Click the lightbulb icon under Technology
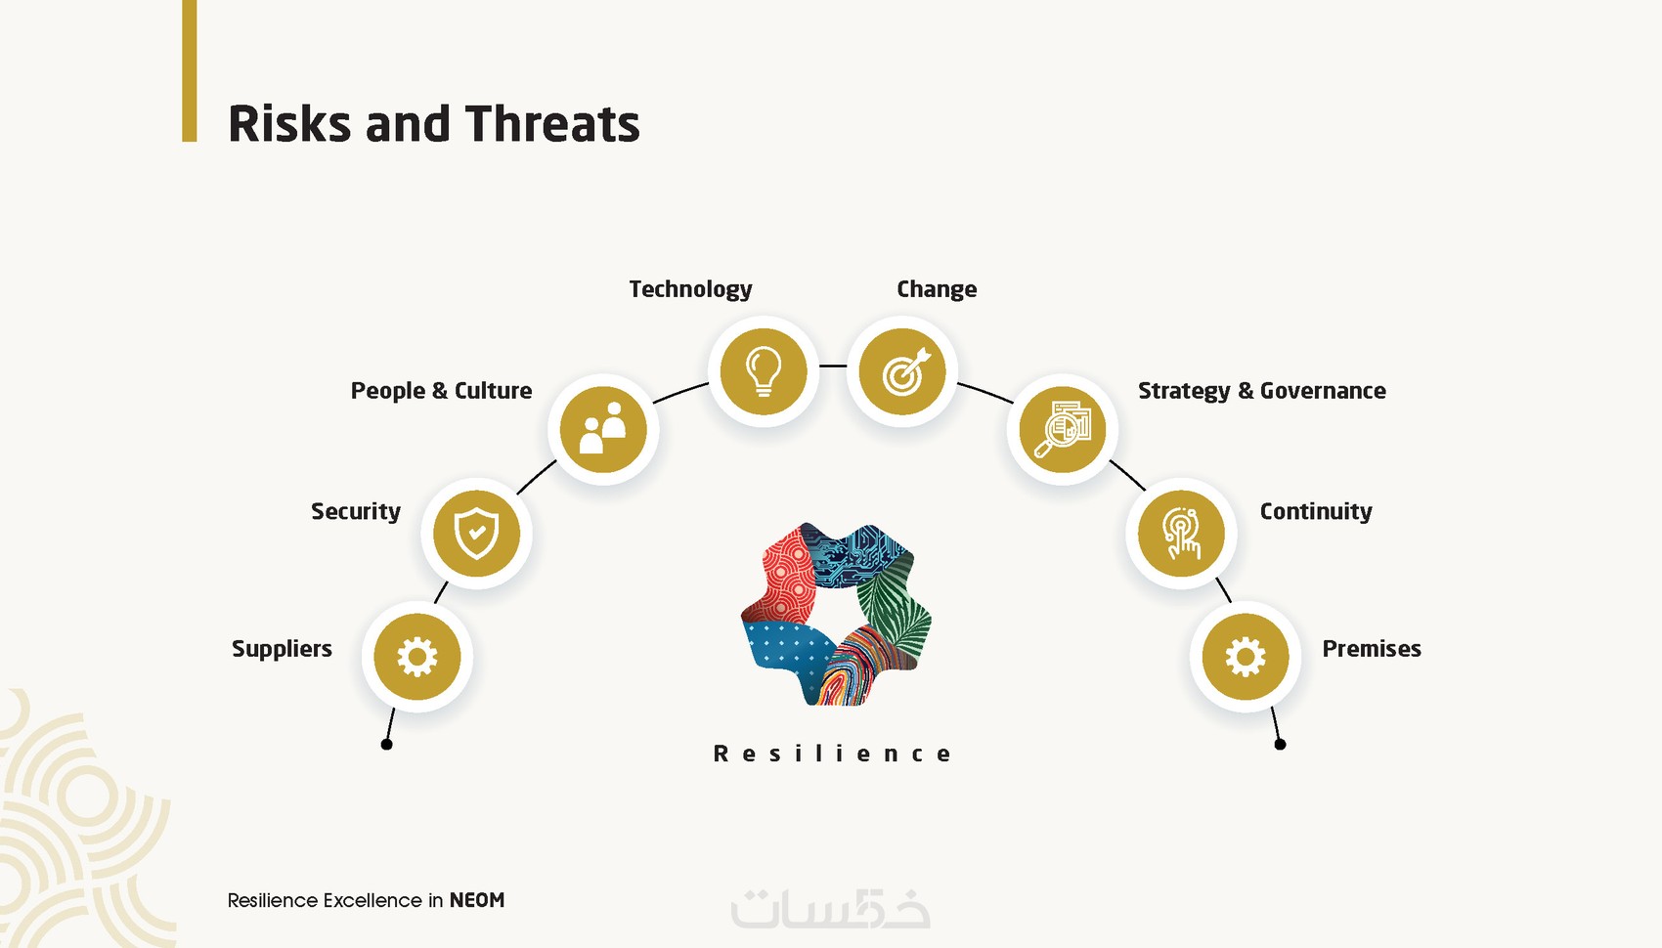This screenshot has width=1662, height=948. pyautogui.click(x=764, y=372)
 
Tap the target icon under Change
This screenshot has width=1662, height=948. pyautogui.click(x=902, y=372)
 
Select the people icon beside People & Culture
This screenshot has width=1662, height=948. pyautogui.click(x=603, y=430)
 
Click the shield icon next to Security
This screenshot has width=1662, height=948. pyautogui.click(x=477, y=534)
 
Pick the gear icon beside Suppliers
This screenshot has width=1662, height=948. pyautogui.click(x=417, y=657)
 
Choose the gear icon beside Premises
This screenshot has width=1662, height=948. pyautogui.click(x=1246, y=657)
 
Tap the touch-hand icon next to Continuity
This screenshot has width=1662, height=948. pyautogui.click(x=1182, y=534)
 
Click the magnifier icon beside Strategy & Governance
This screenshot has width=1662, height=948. pyautogui.click(x=1063, y=430)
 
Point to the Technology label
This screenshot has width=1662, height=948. pyautogui.click(x=690, y=289)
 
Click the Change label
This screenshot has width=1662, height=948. pyautogui.click(x=937, y=289)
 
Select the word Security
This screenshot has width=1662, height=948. pyautogui.click(x=356, y=511)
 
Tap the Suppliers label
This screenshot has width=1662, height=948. pyautogui.click(x=282, y=649)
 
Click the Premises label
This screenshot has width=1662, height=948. pyautogui.click(x=1372, y=649)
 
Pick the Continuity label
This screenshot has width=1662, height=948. pyautogui.click(x=1316, y=511)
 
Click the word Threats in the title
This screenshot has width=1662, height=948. pyautogui.click(x=552, y=124)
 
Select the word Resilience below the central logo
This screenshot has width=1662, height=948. pyautogui.click(x=832, y=754)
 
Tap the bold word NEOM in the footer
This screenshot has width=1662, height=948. pyautogui.click(x=477, y=900)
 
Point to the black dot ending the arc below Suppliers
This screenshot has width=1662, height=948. pyautogui.click(x=387, y=745)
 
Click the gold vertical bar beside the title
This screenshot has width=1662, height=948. pyautogui.click(x=190, y=70)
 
